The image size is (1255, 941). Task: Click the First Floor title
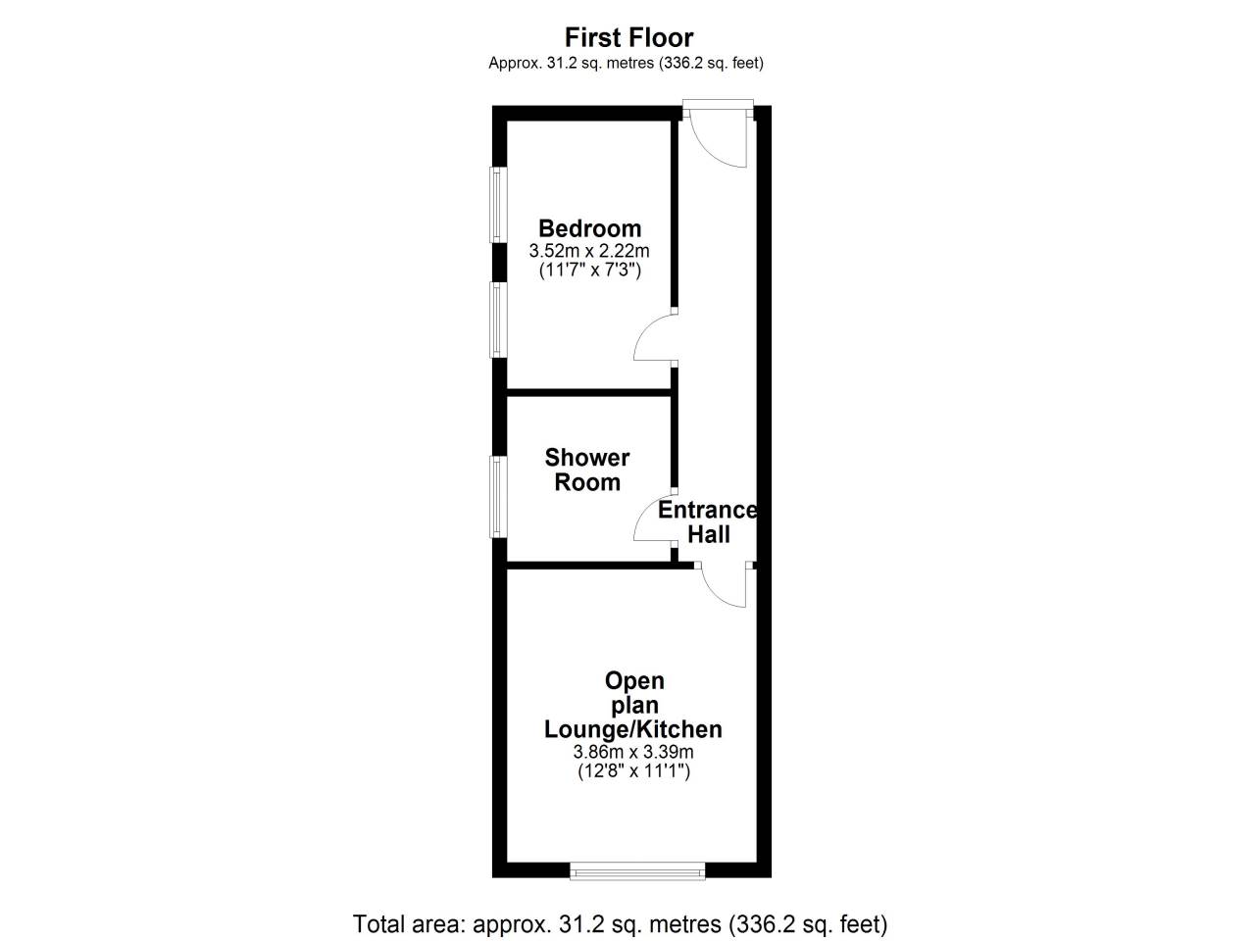tap(628, 37)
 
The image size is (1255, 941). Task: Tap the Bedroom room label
tap(589, 228)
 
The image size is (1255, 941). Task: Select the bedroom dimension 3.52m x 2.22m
tap(589, 250)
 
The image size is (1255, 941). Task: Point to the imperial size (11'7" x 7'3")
tap(590, 270)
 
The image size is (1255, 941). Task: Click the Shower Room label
tap(587, 470)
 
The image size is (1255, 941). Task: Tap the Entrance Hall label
tap(708, 521)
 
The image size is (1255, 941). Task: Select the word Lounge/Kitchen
tap(633, 729)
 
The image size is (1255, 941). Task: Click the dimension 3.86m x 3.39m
tap(633, 751)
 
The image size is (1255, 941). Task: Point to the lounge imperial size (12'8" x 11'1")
tap(633, 771)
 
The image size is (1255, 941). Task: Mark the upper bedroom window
tap(498, 205)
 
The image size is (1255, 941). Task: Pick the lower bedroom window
tap(498, 320)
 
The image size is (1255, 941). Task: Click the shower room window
tap(498, 497)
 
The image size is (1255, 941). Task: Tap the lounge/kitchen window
tap(637, 871)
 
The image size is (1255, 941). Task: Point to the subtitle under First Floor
tap(627, 63)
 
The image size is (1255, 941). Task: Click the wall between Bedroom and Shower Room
tap(589, 392)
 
